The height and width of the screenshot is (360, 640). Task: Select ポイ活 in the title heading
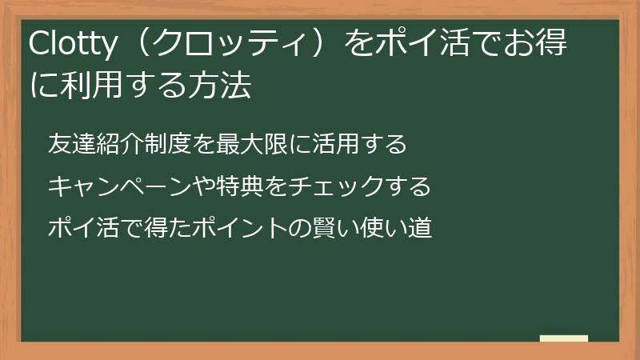point(409,46)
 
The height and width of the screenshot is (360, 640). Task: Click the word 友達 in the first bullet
point(70,144)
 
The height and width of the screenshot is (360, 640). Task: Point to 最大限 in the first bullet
point(250,144)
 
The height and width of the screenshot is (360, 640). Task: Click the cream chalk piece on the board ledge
point(563,338)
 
